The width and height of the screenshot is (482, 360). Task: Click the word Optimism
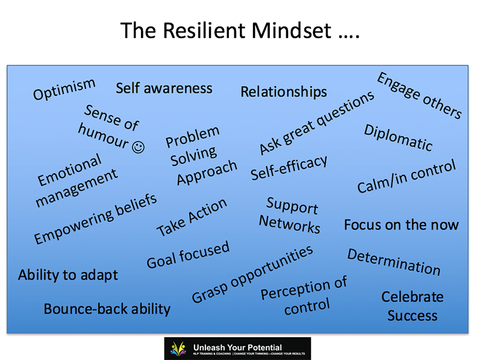click(x=64, y=89)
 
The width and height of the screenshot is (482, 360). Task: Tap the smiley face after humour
click(x=139, y=147)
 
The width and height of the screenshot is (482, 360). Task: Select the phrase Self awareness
click(x=164, y=88)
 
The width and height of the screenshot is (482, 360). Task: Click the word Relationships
click(x=284, y=92)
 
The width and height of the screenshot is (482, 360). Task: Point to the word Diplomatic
click(x=398, y=138)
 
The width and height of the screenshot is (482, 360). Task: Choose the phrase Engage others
click(x=419, y=95)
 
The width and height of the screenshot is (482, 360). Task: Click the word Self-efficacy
click(x=289, y=168)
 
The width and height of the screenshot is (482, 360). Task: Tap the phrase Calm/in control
click(x=406, y=176)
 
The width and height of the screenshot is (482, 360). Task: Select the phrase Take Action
click(x=192, y=217)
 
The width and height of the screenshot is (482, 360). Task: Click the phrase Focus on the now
click(x=401, y=224)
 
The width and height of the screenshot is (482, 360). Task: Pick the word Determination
click(x=394, y=262)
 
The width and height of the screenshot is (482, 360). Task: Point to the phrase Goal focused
click(x=188, y=254)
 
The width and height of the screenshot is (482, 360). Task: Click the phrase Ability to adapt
click(x=68, y=275)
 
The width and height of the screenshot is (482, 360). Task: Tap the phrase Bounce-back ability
click(x=107, y=309)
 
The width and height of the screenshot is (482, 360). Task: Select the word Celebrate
click(x=413, y=297)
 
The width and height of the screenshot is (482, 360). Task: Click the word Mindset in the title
click(x=292, y=31)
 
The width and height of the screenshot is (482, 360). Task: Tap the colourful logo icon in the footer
click(x=178, y=349)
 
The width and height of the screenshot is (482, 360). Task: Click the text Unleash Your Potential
click(x=237, y=347)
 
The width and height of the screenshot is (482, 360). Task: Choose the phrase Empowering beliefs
click(x=95, y=219)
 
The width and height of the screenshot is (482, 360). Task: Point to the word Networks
click(x=290, y=224)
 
